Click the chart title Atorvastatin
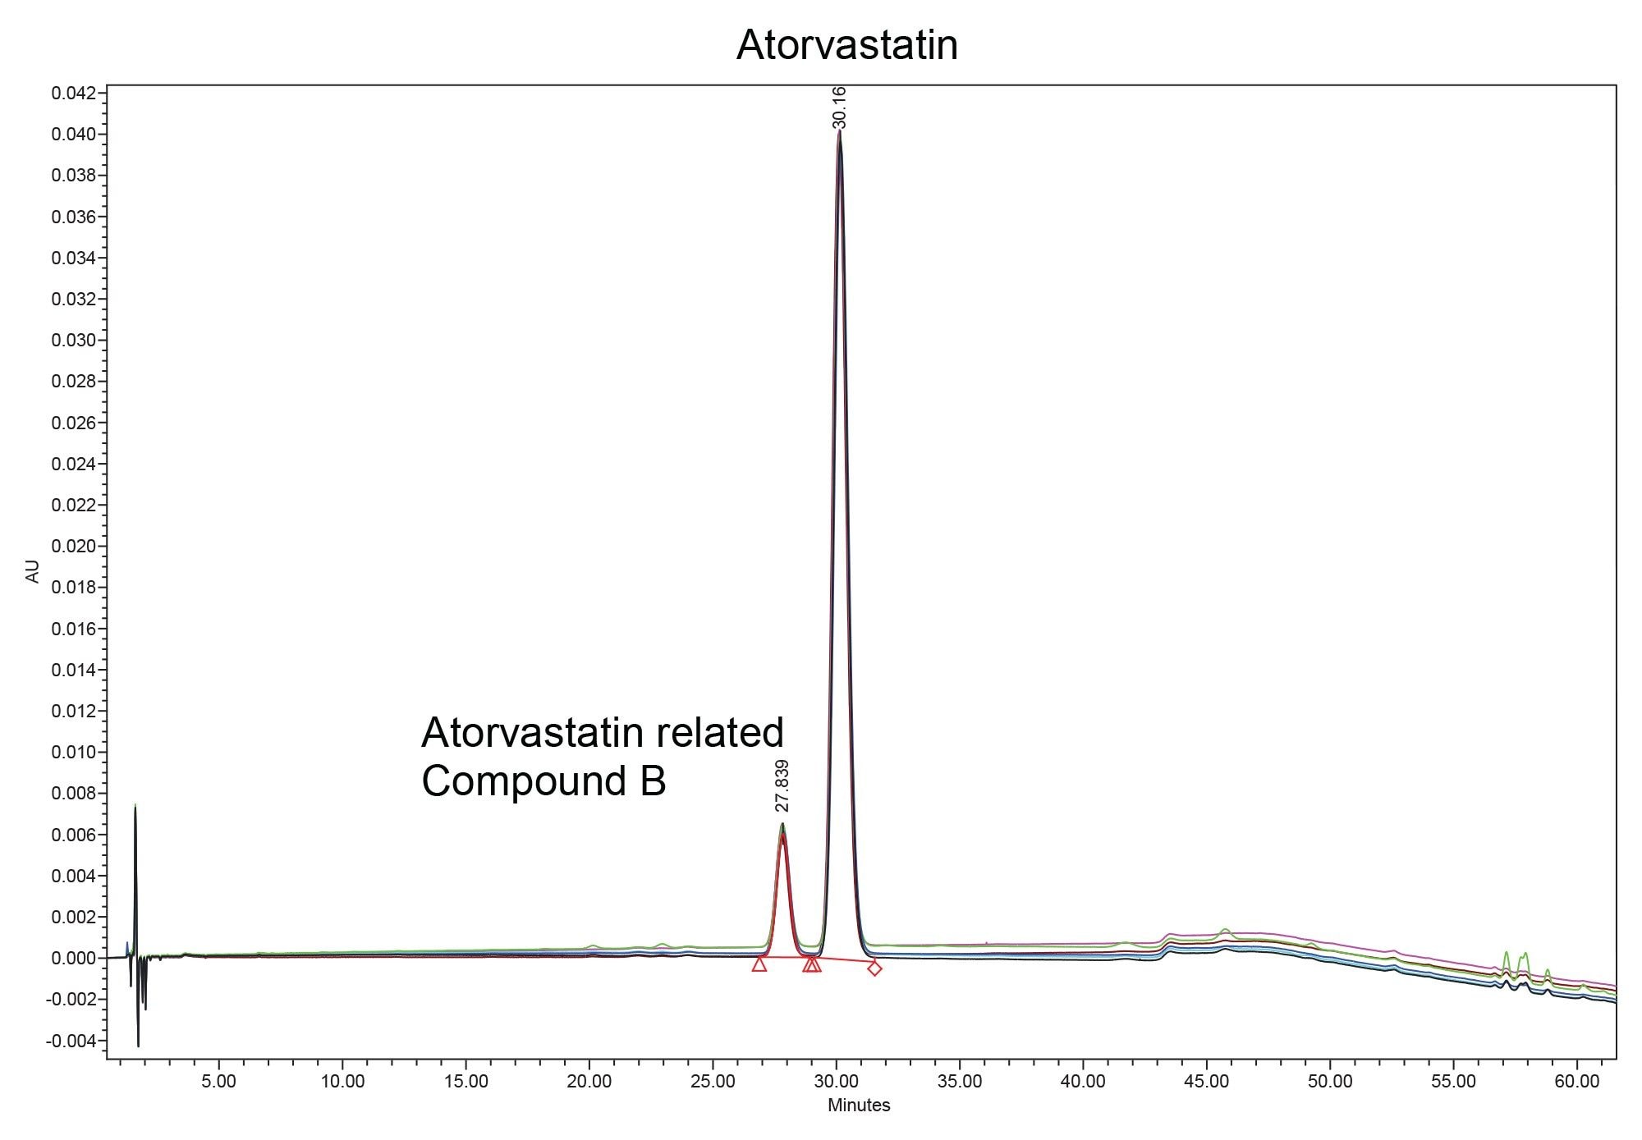[x=846, y=44]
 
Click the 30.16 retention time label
[x=839, y=108]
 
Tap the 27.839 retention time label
[x=782, y=785]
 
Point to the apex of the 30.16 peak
[x=839, y=131]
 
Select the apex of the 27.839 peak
[x=782, y=824]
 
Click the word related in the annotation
[x=726, y=732]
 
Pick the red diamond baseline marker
[x=874, y=968]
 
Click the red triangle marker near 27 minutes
[x=759, y=964]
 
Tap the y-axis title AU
[x=33, y=571]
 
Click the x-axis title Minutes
[x=858, y=1105]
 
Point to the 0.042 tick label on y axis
[x=73, y=93]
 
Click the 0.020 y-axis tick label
[x=73, y=546]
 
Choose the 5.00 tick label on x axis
[x=218, y=1082]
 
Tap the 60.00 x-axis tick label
[x=1577, y=1082]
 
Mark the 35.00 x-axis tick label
[x=960, y=1082]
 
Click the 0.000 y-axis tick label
[x=73, y=958]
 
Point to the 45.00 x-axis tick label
[x=1207, y=1082]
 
